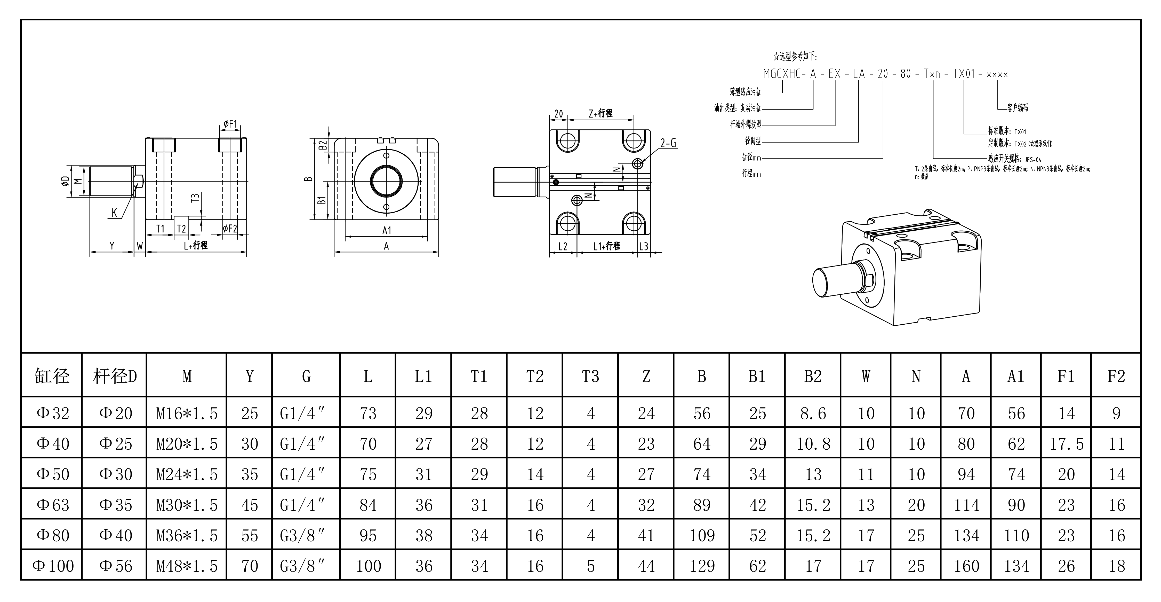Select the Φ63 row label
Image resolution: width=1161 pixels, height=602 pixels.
(x=53, y=505)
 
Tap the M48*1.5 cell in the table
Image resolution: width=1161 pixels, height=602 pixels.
(x=187, y=566)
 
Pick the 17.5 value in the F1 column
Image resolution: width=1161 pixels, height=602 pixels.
(x=1066, y=444)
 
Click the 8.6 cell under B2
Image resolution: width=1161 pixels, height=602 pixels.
(x=813, y=413)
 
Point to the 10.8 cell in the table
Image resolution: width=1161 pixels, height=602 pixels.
(x=813, y=444)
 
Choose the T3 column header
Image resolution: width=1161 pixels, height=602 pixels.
(x=590, y=376)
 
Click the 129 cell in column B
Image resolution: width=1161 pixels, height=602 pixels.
(x=702, y=566)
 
